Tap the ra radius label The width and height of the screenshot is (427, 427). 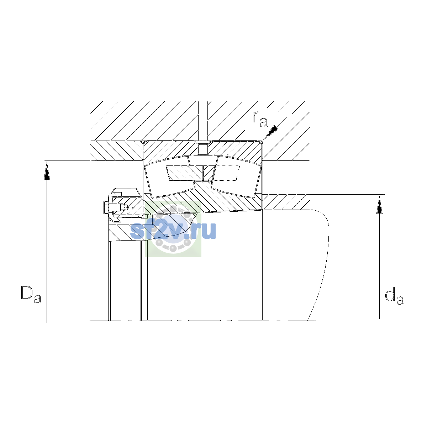pos(260,119)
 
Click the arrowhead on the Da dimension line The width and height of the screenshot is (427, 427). pos(47,171)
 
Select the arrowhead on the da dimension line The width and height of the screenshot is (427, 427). pos(380,205)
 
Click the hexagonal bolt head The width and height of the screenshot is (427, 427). pos(105,207)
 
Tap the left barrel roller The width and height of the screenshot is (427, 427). pos(169,181)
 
